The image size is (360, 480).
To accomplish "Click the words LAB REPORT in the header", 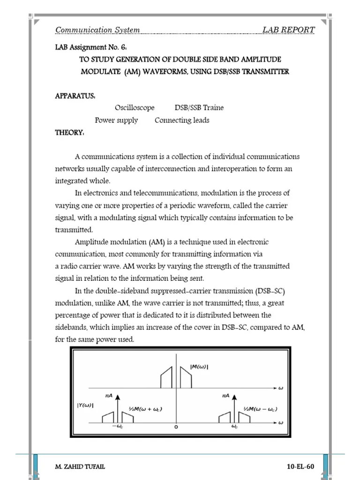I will (x=288, y=30).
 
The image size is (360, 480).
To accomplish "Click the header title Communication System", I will (x=97, y=30).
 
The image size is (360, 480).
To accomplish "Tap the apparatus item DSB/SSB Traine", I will (x=199, y=108).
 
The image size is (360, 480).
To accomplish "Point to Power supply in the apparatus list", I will (x=116, y=120).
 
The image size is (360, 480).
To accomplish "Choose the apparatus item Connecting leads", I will (x=182, y=120).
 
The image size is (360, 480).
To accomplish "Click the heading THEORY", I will (x=70, y=133).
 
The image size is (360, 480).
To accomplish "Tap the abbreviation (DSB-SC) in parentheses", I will (x=270, y=291).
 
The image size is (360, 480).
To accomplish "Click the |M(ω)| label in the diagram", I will (x=200, y=367).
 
